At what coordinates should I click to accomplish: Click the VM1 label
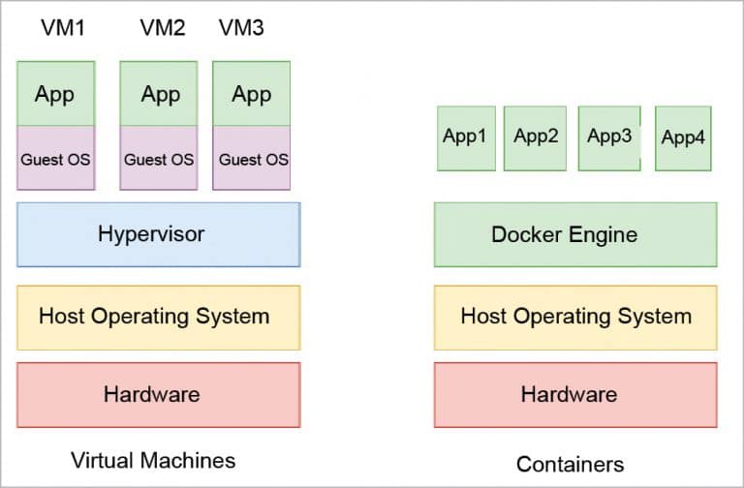pyautogui.click(x=63, y=28)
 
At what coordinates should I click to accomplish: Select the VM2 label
pyautogui.click(x=162, y=28)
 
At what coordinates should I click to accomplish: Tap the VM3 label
pyautogui.click(x=241, y=28)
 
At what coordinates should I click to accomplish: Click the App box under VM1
pyautogui.click(x=55, y=94)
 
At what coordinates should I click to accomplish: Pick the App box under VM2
pyautogui.click(x=160, y=94)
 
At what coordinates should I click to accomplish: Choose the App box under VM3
pyautogui.click(x=252, y=94)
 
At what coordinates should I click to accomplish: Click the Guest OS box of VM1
pyautogui.click(x=55, y=158)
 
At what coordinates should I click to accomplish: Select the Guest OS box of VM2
pyautogui.click(x=160, y=158)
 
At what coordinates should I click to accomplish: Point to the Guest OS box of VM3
pyautogui.click(x=252, y=158)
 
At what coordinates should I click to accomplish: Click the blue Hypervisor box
pyautogui.click(x=158, y=234)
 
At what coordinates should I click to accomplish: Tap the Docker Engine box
pyautogui.click(x=575, y=234)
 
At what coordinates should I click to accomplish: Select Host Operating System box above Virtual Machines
pyautogui.click(x=158, y=317)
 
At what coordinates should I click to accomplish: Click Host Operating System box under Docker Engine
pyautogui.click(x=575, y=317)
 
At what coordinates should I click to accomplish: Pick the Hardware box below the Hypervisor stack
pyautogui.click(x=158, y=394)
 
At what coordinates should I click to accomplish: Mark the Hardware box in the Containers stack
pyautogui.click(x=575, y=394)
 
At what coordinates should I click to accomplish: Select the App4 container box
pyautogui.click(x=683, y=138)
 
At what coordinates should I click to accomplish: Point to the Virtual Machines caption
pyautogui.click(x=153, y=459)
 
